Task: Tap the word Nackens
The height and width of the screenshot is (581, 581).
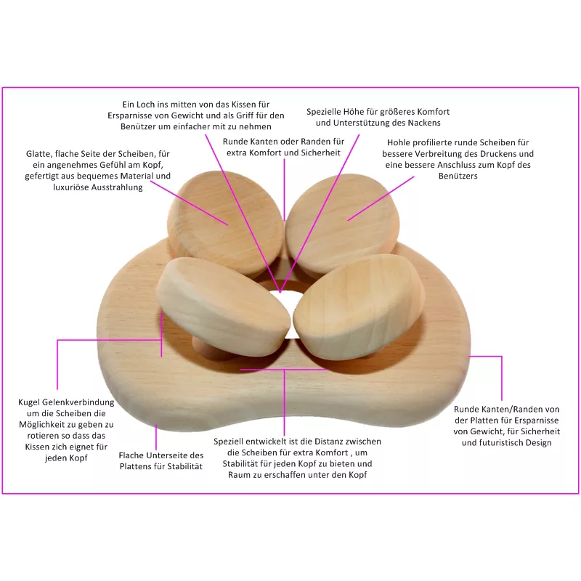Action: point(425,123)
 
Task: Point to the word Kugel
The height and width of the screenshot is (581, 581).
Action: point(29,403)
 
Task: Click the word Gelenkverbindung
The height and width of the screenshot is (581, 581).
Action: point(78,403)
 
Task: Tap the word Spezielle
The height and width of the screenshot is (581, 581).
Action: point(323,112)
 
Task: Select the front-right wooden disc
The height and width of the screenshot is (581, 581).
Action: point(359,306)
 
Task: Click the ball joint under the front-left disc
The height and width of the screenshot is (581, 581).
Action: point(206,348)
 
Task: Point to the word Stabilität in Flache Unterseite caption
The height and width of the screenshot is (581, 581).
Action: point(184,466)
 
